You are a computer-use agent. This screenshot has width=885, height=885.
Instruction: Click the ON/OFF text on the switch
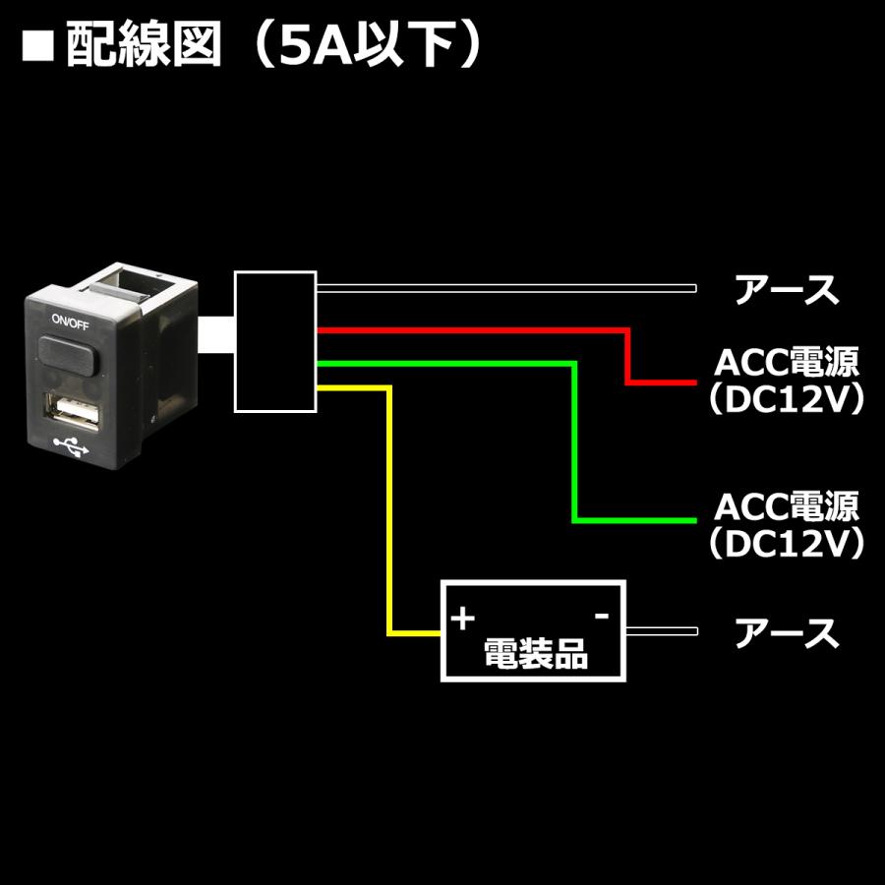tap(70, 322)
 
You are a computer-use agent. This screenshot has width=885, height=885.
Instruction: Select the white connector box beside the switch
tap(275, 340)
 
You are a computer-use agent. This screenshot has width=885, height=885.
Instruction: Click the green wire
tap(574, 442)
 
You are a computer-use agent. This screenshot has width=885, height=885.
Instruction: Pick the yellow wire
tap(391, 511)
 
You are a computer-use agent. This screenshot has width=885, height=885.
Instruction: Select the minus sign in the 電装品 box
tap(601, 616)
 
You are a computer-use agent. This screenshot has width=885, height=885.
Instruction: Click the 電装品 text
tap(536, 653)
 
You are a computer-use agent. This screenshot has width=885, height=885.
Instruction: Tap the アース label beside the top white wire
tap(788, 290)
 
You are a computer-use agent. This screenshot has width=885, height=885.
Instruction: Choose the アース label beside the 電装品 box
tap(788, 633)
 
